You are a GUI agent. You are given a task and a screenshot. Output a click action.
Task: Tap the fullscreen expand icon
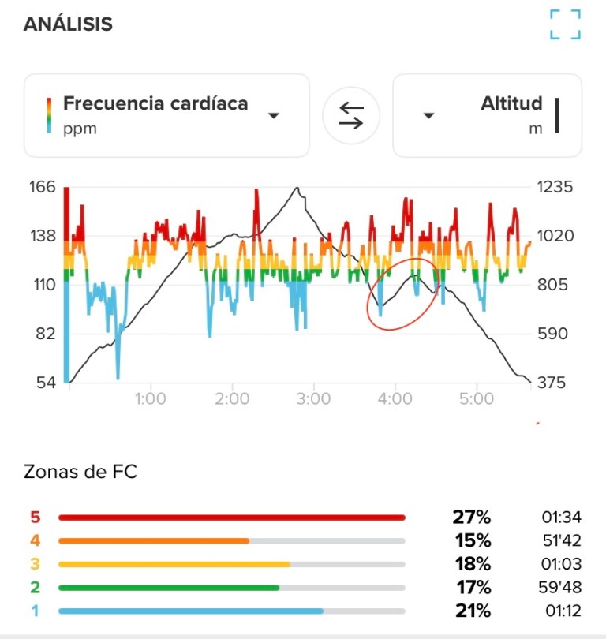pos(565,24)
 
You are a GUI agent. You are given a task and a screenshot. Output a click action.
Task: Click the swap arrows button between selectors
pos(351,116)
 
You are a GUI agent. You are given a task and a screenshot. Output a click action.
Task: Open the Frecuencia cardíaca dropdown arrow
pos(274,116)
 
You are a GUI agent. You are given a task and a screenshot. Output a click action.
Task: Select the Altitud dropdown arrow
pos(428,116)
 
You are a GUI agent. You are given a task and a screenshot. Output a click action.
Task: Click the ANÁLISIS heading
pos(68,24)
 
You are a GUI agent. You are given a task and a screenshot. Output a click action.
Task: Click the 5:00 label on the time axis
pos(475,399)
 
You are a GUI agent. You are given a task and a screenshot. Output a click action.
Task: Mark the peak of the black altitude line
pos(297,188)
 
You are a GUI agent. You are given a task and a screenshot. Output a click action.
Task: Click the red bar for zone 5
pos(231,518)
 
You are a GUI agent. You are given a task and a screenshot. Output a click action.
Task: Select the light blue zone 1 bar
pos(191,611)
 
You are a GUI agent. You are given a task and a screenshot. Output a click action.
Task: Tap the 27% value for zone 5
pos(472,518)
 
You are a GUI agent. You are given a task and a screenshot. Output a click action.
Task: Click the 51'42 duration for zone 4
pos(560,541)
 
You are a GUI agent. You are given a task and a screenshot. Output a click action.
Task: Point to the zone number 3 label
pos(34,564)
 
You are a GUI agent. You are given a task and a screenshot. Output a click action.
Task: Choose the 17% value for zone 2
pos(472,588)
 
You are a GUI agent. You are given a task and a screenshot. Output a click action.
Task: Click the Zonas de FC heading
pos(80,473)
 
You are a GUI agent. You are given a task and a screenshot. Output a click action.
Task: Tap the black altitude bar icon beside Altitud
pos(557,116)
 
